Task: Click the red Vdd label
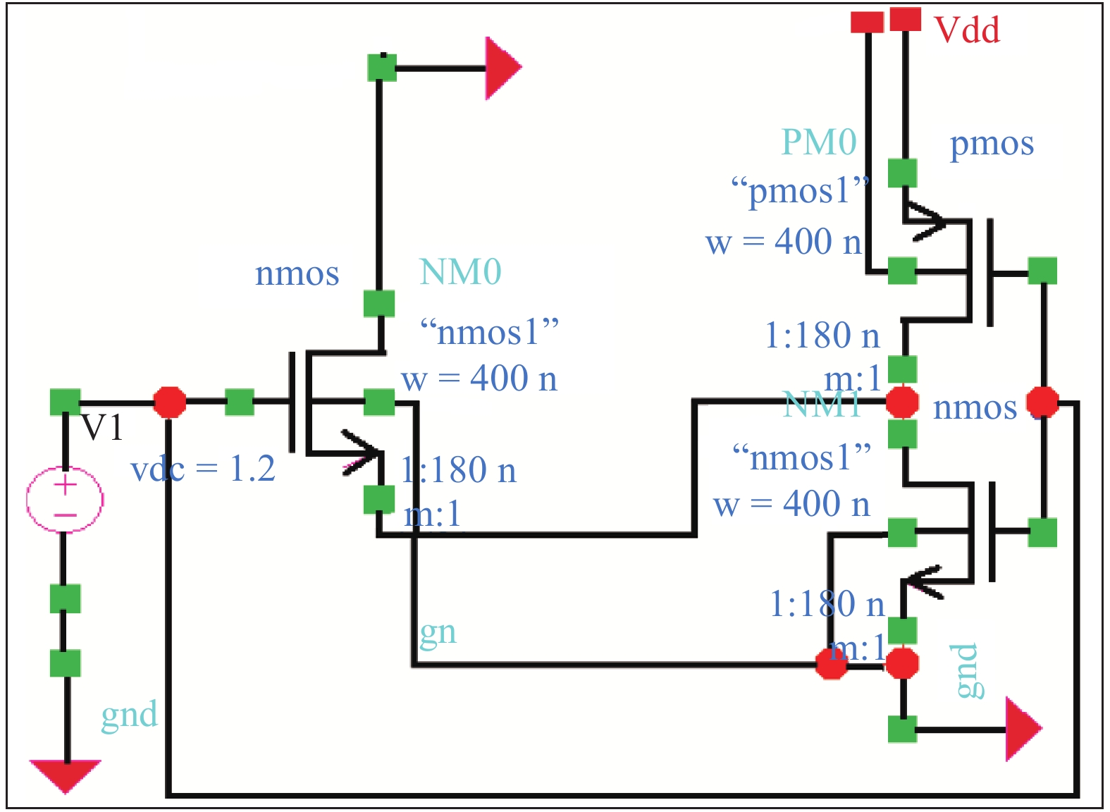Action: [x=966, y=30]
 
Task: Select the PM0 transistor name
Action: [x=819, y=142]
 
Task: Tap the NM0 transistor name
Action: [x=460, y=272]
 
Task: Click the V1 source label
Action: [x=103, y=427]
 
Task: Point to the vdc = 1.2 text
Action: [x=203, y=469]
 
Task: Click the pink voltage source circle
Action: [x=65, y=499]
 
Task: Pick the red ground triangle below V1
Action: [x=65, y=775]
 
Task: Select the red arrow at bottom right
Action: [x=1022, y=729]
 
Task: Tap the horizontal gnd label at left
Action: [x=129, y=715]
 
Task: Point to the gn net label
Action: [x=438, y=632]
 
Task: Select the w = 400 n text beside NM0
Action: [x=479, y=379]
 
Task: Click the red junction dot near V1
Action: [x=170, y=402]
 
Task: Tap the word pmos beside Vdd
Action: [x=992, y=144]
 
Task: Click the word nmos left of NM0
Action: [x=297, y=273]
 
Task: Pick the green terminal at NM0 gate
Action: [x=240, y=402]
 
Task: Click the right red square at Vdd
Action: [x=905, y=19]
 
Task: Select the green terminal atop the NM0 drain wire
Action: [x=382, y=68]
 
